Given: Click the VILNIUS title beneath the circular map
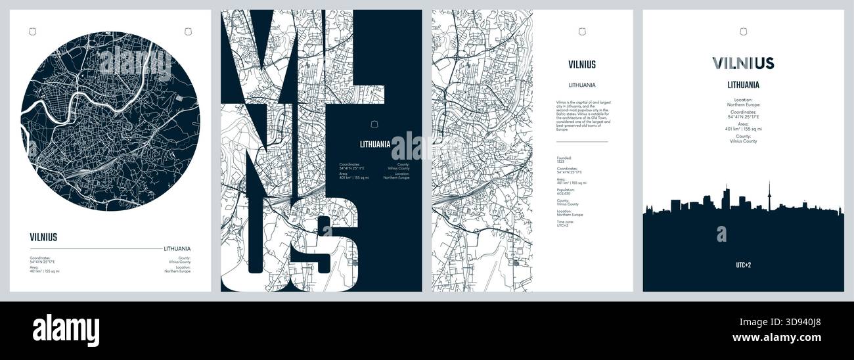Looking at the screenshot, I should coord(43,238).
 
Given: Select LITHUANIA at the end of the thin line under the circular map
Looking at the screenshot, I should coord(177,248).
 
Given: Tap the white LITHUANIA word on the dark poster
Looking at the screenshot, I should coord(375,144).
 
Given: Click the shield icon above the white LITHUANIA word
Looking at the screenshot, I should coord(375,124).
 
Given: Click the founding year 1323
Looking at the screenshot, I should coord(560,162).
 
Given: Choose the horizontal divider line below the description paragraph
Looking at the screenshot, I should coord(582,141).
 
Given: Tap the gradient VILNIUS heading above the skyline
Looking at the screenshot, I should coord(743,63).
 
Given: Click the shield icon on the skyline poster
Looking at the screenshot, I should coord(743,31).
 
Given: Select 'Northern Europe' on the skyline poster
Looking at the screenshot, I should coord(743,104).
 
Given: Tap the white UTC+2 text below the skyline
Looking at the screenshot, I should coord(743,265).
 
